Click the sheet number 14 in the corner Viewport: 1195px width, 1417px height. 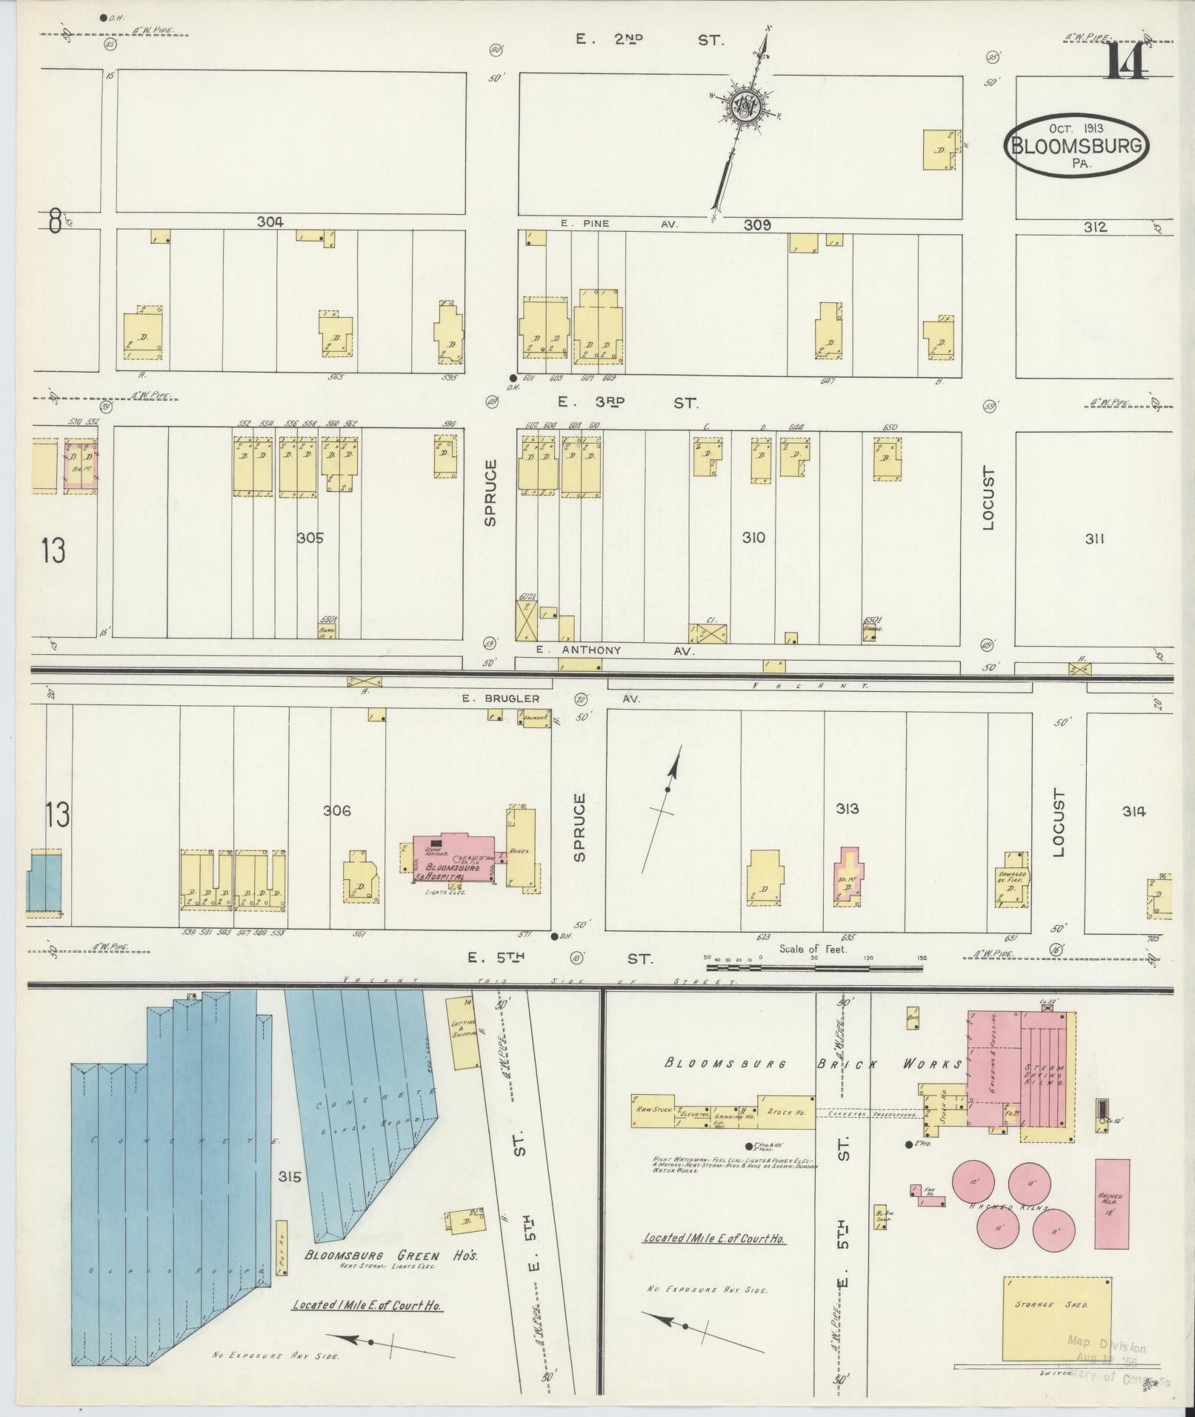click(x=1127, y=61)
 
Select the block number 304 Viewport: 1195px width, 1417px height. click(x=270, y=221)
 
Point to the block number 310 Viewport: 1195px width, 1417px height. click(x=753, y=538)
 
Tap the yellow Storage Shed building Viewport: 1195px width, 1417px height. click(x=1056, y=1318)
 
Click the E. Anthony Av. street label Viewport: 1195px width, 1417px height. click(x=615, y=651)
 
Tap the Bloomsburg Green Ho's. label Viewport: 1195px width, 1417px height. click(x=393, y=1256)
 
